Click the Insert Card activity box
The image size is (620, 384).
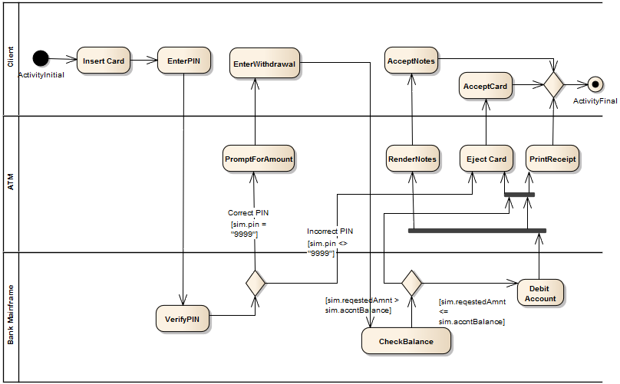coord(104,61)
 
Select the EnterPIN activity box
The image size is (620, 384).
coord(184,61)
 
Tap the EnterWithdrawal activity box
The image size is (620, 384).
coord(264,64)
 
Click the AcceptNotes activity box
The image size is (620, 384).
coord(411,61)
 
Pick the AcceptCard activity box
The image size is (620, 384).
coord(486,87)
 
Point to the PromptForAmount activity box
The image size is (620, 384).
coord(259,159)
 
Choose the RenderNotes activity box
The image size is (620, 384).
coord(412,159)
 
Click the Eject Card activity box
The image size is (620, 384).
coord(487,159)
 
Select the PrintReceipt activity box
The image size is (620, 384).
coord(552,159)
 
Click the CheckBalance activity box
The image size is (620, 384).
coord(406,342)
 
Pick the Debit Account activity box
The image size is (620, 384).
coord(541,293)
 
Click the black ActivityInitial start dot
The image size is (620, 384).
coord(41,58)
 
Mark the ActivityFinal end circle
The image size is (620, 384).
coord(593,85)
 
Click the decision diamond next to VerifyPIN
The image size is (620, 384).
coord(256,283)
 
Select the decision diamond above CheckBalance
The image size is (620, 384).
coord(412,283)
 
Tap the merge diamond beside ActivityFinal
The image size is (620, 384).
coord(554,84)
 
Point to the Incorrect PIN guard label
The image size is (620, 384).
coord(330,231)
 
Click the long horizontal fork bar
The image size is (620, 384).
coord(477,230)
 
